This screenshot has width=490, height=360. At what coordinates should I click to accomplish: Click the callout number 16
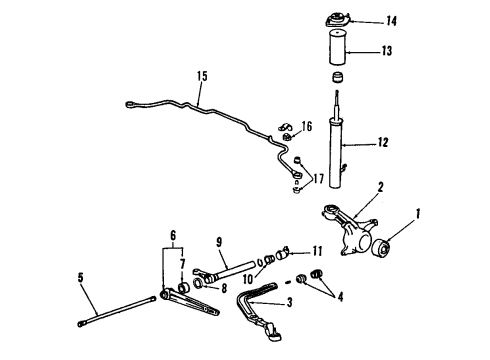point(307,126)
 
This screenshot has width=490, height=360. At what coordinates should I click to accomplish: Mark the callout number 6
point(173,236)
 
